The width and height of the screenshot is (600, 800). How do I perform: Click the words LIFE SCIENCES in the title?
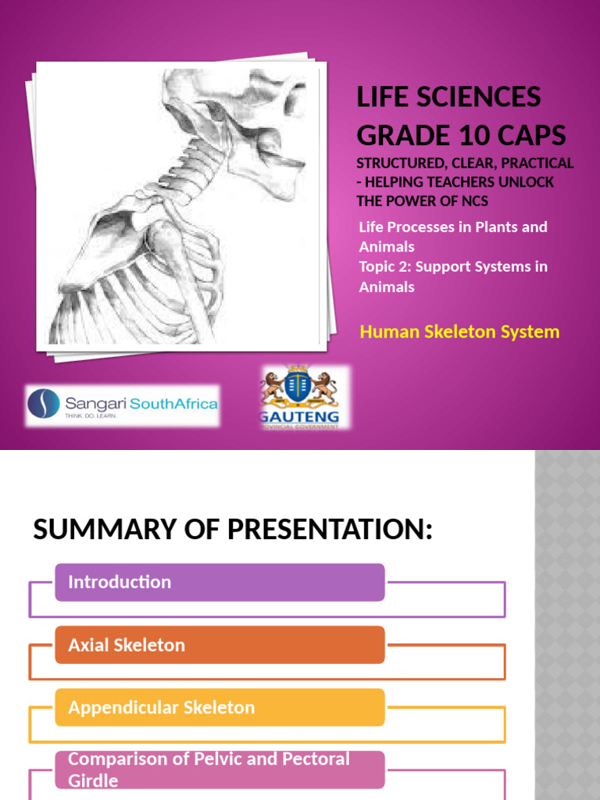pyautogui.click(x=448, y=98)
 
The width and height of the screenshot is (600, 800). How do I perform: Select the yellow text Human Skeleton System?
pyautogui.click(x=459, y=332)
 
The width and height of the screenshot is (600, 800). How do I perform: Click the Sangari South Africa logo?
pyautogui.click(x=123, y=405)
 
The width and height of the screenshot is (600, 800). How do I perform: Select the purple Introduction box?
pyautogui.click(x=220, y=583)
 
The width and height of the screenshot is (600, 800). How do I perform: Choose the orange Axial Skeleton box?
pyautogui.click(x=220, y=645)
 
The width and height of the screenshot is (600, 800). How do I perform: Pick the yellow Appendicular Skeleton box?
pyautogui.click(x=220, y=708)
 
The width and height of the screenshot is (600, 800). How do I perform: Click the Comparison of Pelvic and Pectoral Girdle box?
pyautogui.click(x=220, y=770)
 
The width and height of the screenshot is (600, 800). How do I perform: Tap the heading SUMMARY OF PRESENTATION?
pyautogui.click(x=233, y=530)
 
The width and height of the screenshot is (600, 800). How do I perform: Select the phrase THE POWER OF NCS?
pyautogui.click(x=423, y=201)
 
